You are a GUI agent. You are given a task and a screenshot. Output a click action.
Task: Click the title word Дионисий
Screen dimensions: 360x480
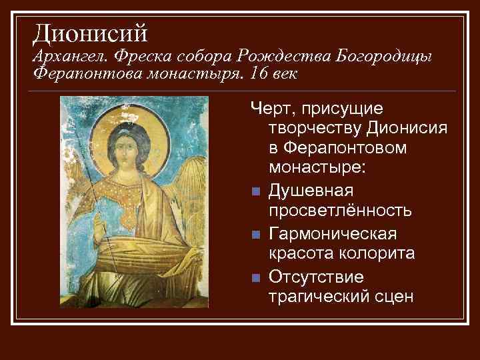click(x=90, y=32)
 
